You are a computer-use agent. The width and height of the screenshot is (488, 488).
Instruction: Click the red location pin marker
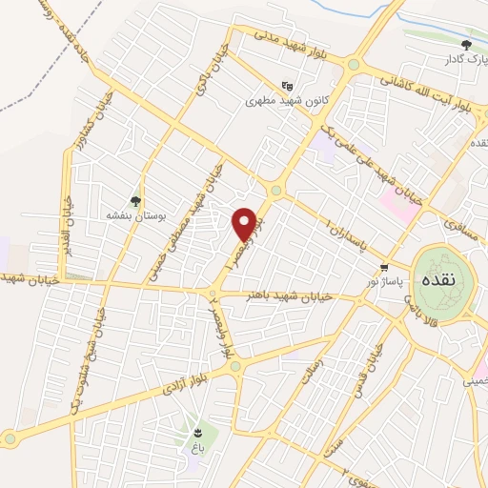[x=248, y=223]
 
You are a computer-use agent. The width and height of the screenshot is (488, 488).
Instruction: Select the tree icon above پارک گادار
[x=466, y=45]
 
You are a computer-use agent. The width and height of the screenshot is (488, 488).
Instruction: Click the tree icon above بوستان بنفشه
[x=136, y=201]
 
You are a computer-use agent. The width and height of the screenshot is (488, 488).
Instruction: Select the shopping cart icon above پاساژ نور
[x=384, y=268]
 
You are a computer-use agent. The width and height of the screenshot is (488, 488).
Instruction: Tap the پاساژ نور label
[x=388, y=282]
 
